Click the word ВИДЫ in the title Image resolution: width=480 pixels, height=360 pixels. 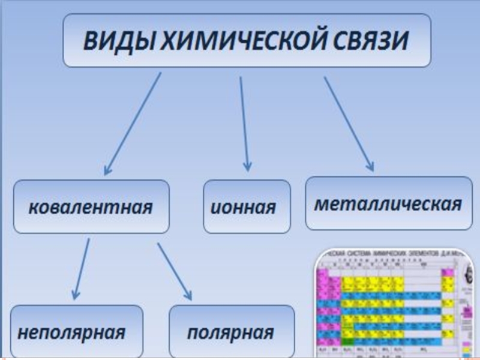(x=113, y=42)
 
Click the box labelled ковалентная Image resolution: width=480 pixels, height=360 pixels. (x=91, y=207)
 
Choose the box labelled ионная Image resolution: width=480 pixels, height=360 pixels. (x=247, y=207)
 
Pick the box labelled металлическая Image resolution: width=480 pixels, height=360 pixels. (x=388, y=203)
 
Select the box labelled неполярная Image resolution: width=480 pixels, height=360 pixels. (x=77, y=332)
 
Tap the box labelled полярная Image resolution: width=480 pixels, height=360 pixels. (x=232, y=332)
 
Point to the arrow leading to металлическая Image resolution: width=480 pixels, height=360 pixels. (x=348, y=123)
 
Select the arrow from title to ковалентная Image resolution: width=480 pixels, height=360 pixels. (x=133, y=123)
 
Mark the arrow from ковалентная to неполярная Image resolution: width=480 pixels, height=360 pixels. (x=82, y=267)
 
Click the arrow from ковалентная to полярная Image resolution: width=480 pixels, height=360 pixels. (x=174, y=270)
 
